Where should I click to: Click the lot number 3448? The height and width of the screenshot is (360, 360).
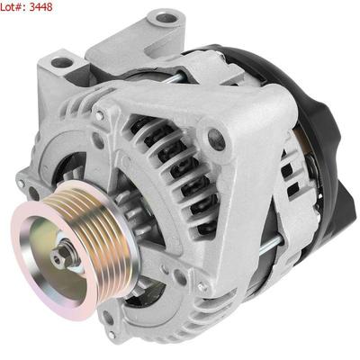point(40,6)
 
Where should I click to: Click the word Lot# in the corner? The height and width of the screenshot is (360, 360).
point(13,6)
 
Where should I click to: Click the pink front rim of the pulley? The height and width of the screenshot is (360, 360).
point(27,264)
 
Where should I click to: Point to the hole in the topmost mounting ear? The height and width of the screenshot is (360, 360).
point(166,19)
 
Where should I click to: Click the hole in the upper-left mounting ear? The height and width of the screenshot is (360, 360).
point(62,62)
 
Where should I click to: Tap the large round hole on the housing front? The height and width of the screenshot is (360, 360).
point(217,139)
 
